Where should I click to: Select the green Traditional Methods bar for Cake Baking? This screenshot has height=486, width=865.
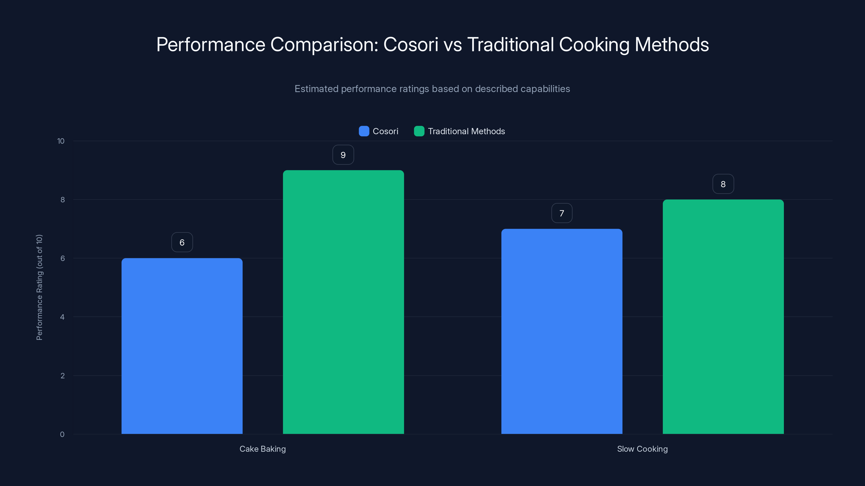tap(343, 302)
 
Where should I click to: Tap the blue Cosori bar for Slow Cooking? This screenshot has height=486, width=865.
tap(561, 331)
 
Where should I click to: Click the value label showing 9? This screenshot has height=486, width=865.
tap(343, 155)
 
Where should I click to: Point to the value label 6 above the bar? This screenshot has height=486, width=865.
tap(182, 242)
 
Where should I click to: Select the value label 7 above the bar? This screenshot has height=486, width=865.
tap(562, 213)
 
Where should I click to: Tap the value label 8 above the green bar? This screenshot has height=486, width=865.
tap(723, 184)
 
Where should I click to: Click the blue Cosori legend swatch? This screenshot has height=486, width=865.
tap(364, 131)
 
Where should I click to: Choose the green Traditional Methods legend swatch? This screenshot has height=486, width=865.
tap(419, 131)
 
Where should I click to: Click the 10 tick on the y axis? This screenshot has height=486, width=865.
tap(61, 141)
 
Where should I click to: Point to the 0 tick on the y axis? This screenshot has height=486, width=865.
tap(62, 434)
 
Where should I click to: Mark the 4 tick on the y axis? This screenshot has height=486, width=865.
tap(62, 317)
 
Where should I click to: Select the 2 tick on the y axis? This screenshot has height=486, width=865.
tap(62, 376)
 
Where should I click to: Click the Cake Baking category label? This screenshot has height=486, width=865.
tap(262, 449)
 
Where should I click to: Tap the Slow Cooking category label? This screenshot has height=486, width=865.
tap(642, 449)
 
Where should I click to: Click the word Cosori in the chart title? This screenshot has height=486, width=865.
tap(410, 45)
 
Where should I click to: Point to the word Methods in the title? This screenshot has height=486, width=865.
tap(671, 45)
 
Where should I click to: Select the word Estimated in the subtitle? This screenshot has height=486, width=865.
tap(316, 89)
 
